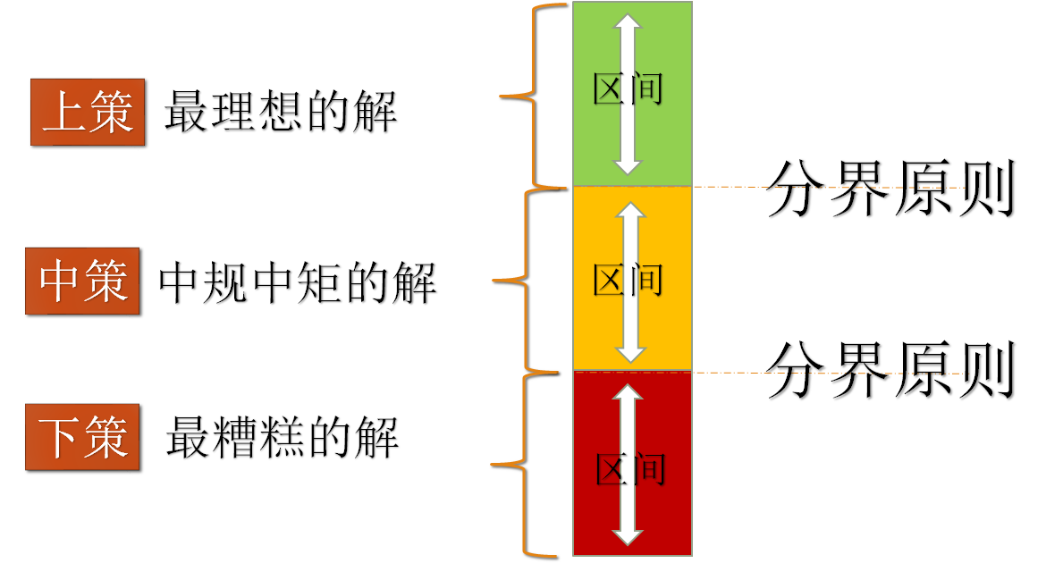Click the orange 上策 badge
click(88, 112)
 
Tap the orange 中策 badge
click(82, 281)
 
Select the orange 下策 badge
click(82, 437)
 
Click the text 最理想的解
click(281, 113)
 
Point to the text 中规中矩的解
click(298, 283)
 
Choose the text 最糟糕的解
click(283, 437)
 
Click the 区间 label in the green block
click(629, 90)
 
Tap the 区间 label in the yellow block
click(629, 281)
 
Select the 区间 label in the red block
click(629, 468)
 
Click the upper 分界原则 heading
click(890, 189)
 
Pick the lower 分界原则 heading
click(890, 370)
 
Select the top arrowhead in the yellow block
click(630, 213)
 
